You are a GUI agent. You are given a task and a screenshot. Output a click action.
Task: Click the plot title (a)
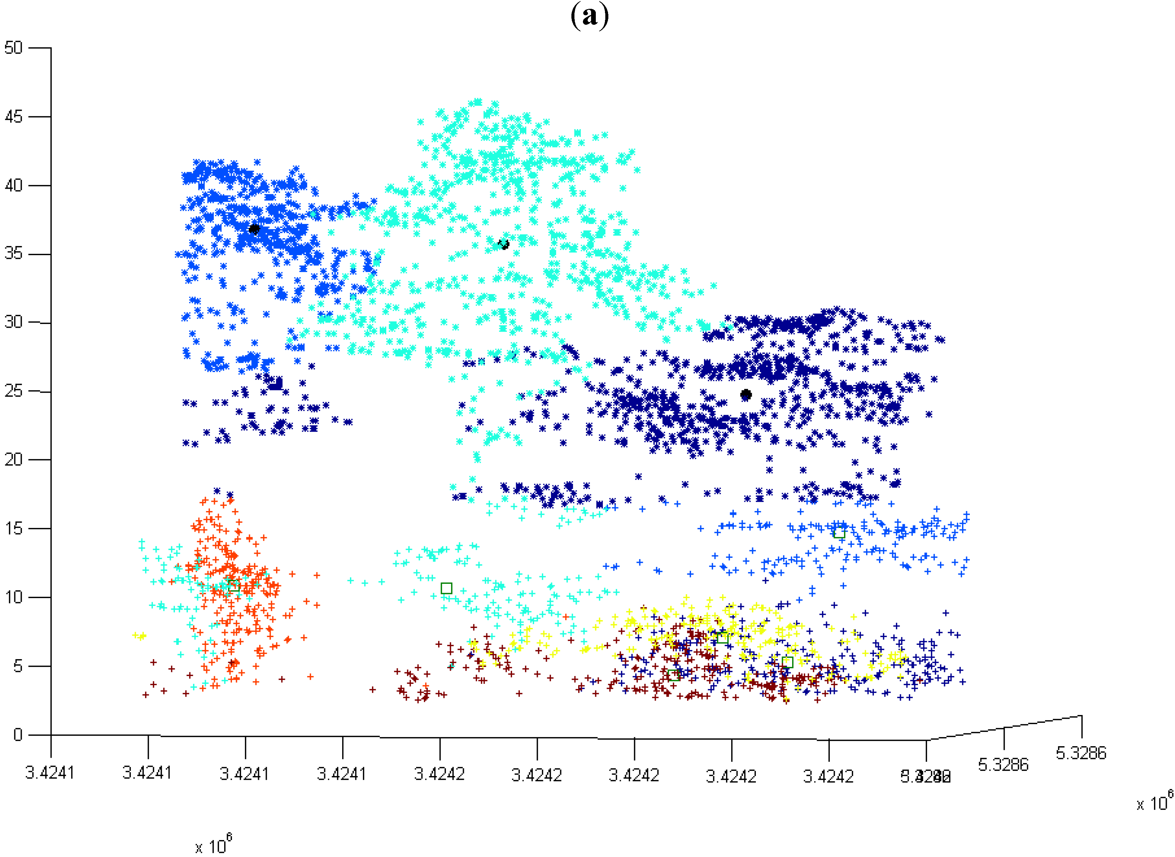point(589,16)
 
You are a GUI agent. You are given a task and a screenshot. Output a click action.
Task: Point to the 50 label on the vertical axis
point(14,48)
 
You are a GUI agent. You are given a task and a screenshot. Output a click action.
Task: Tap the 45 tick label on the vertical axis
point(14,117)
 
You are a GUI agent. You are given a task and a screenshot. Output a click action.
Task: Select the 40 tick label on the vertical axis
point(14,185)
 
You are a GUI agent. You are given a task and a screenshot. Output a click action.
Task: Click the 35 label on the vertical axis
point(14,254)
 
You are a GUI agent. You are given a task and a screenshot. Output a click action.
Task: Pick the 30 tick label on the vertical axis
point(14,322)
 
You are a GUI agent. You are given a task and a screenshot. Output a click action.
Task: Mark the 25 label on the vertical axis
point(14,391)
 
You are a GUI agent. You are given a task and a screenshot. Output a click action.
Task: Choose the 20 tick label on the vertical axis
point(14,459)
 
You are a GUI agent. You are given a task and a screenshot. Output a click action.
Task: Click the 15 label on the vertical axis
point(14,528)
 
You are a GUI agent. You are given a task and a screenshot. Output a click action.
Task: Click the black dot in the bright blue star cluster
point(254,229)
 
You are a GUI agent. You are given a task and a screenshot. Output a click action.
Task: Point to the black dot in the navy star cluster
point(746,394)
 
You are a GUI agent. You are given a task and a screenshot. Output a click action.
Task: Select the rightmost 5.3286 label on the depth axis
point(1081,753)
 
